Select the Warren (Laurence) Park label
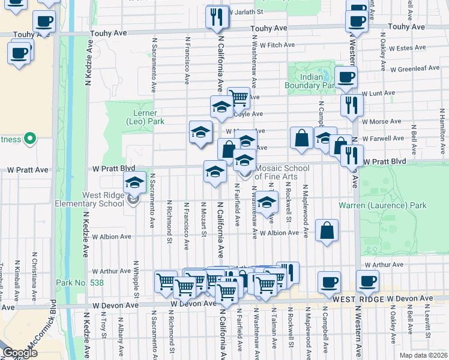coord(382,205)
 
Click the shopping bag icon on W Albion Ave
coord(326,230)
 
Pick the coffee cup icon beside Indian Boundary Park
coord(346,78)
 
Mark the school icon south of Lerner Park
coord(200,133)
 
